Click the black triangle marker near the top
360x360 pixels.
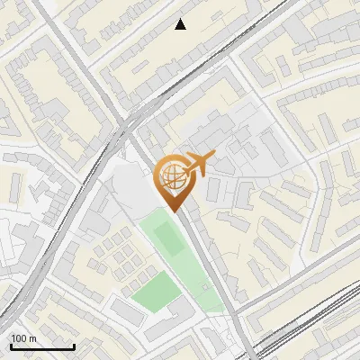pyautogui.click(x=181, y=24)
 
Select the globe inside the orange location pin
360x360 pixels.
pyautogui.click(x=174, y=176)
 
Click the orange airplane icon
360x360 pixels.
pyautogui.click(x=197, y=165)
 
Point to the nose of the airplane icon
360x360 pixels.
pyautogui.click(x=212, y=157)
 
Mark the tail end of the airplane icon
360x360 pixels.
pyautogui.click(x=184, y=169)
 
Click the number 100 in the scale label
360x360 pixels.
pyautogui.click(x=18, y=338)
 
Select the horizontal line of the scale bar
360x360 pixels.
pyautogui.click(x=41, y=346)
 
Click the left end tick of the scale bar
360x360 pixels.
pyautogui.click(x=10, y=345)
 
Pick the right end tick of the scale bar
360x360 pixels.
pyautogui.click(x=74, y=345)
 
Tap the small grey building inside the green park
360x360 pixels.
pyautogui.click(x=206, y=286)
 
